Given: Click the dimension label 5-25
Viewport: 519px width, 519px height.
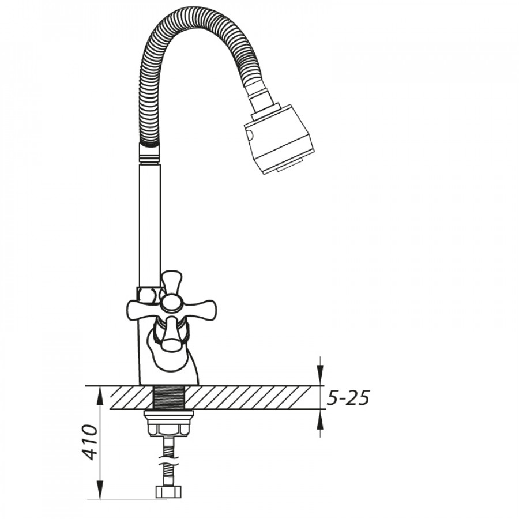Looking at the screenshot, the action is (348, 397).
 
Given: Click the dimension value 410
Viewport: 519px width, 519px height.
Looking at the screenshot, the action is (90, 442).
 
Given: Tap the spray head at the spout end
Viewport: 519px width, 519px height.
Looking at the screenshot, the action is (279, 140).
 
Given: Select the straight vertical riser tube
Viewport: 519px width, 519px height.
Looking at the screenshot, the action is (149, 225).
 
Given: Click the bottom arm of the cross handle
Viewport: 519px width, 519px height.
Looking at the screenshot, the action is (171, 333).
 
